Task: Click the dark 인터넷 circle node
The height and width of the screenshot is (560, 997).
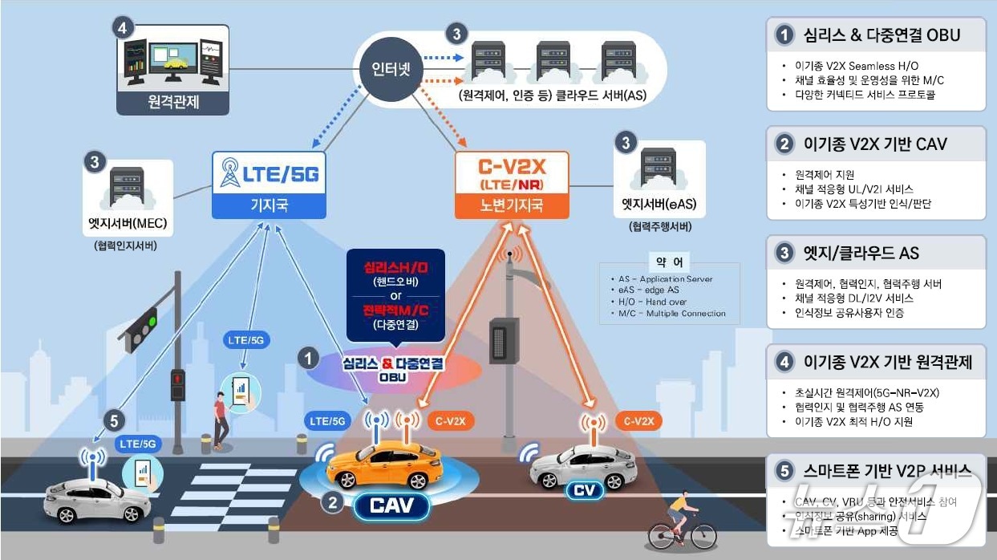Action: (x=391, y=70)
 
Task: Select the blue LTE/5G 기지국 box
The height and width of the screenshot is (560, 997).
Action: (x=269, y=185)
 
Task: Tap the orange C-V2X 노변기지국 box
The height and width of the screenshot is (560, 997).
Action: (x=511, y=185)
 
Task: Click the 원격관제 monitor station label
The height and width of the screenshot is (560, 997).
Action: (x=172, y=103)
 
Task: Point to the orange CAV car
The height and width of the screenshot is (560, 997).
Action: (x=384, y=467)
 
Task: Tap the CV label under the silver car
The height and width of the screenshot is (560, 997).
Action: (x=584, y=489)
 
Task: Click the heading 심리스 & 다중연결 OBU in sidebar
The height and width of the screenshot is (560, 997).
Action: (x=881, y=35)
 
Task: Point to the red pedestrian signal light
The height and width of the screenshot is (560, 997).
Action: (x=177, y=378)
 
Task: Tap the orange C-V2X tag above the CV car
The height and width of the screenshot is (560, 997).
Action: (x=639, y=420)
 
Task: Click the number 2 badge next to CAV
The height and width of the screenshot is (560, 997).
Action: (x=332, y=503)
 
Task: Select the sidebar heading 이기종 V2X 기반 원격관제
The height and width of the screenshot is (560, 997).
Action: (x=888, y=363)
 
